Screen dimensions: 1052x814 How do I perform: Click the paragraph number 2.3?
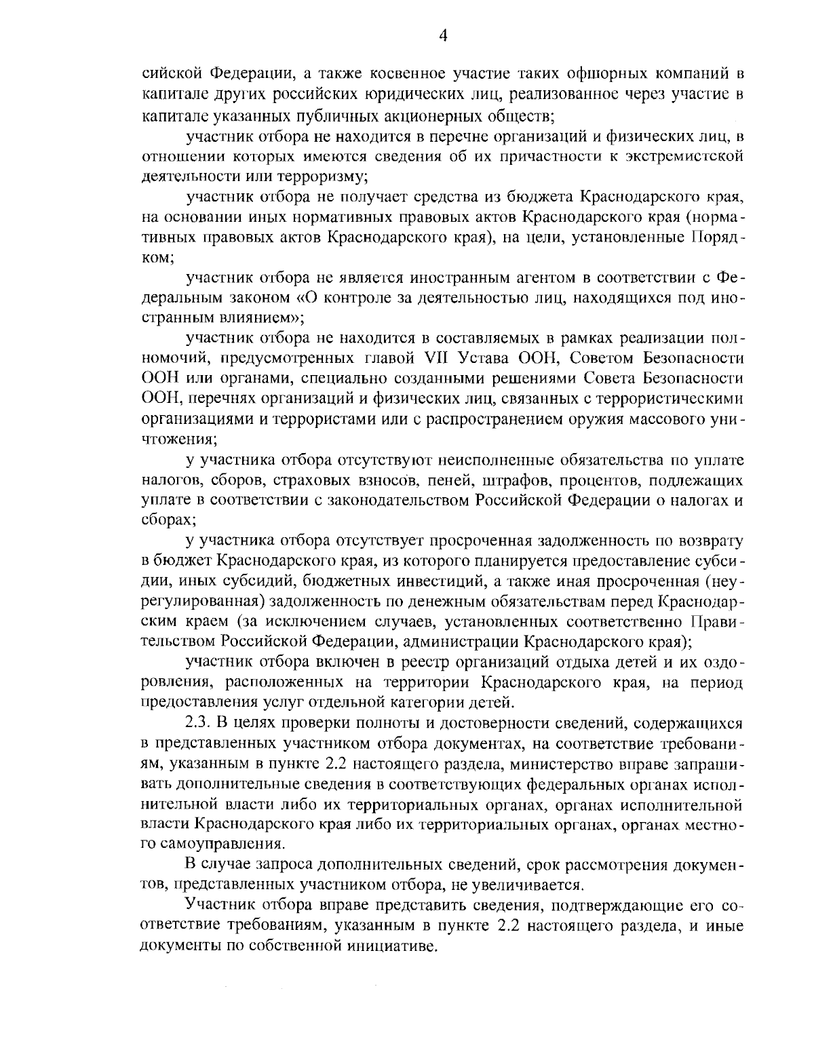click(199, 722)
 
